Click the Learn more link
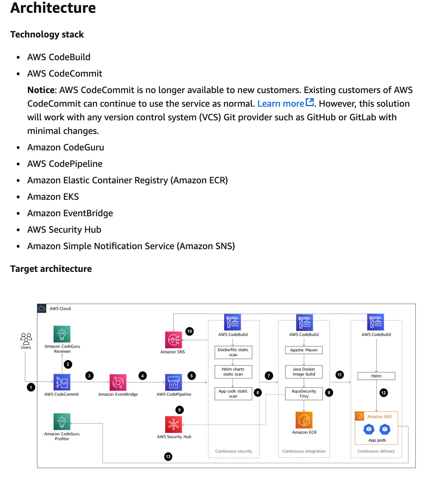click(281, 104)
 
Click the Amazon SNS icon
click(173, 340)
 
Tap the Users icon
click(26, 339)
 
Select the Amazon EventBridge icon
click(118, 383)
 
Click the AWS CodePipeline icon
click(173, 383)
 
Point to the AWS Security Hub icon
click(173, 425)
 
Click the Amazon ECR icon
click(304, 420)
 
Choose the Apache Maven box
click(304, 350)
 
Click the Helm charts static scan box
click(233, 372)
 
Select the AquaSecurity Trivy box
click(304, 394)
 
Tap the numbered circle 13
click(168, 457)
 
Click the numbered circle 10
click(189, 331)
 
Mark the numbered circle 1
click(31, 387)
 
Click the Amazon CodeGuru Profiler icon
click(62, 422)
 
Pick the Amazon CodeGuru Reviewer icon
click(62, 334)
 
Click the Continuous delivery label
click(376, 451)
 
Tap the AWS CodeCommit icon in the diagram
click(62, 382)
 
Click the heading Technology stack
click(47, 35)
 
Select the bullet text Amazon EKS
click(53, 197)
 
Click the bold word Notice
click(41, 90)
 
